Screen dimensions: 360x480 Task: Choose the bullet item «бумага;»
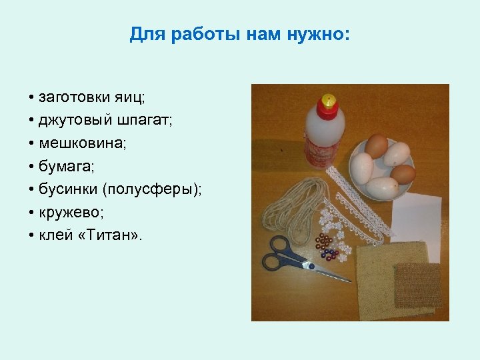(x=64, y=166)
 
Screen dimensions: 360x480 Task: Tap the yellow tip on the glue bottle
(x=327, y=99)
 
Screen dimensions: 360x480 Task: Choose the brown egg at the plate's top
(x=377, y=145)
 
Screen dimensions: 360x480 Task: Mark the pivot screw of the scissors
(x=309, y=265)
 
